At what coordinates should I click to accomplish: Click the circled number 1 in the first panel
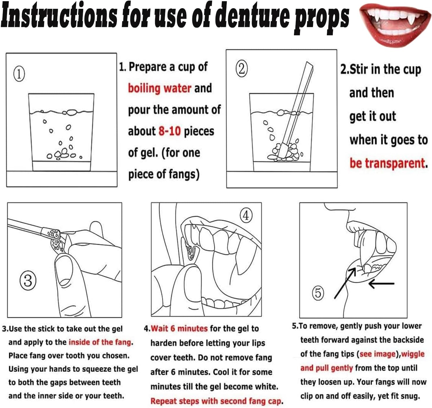pos(19,74)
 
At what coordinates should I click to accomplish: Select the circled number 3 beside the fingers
pos(28,280)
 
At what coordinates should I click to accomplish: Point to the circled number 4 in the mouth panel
pos(246,215)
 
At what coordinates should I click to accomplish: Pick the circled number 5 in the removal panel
pos(318,293)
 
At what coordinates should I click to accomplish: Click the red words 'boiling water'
pos(159,88)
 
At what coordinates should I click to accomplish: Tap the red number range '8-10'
pos(170,131)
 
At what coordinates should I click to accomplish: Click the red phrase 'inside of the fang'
pos(100,342)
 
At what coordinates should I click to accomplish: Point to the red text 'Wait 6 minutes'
pos(179,328)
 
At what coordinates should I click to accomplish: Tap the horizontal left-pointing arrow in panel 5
pos(381,284)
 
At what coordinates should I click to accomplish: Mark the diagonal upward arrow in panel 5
pos(345,283)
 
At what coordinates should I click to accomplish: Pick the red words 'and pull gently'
pos(327,368)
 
